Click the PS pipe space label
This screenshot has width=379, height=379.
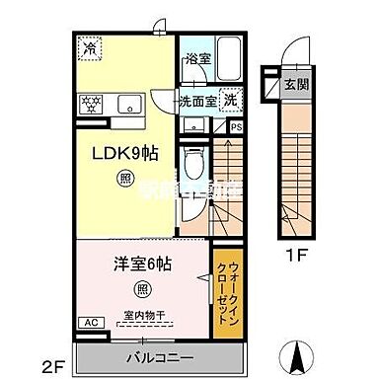[235, 126]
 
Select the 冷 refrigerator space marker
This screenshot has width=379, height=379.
[90, 45]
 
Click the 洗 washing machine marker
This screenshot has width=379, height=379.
[229, 99]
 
